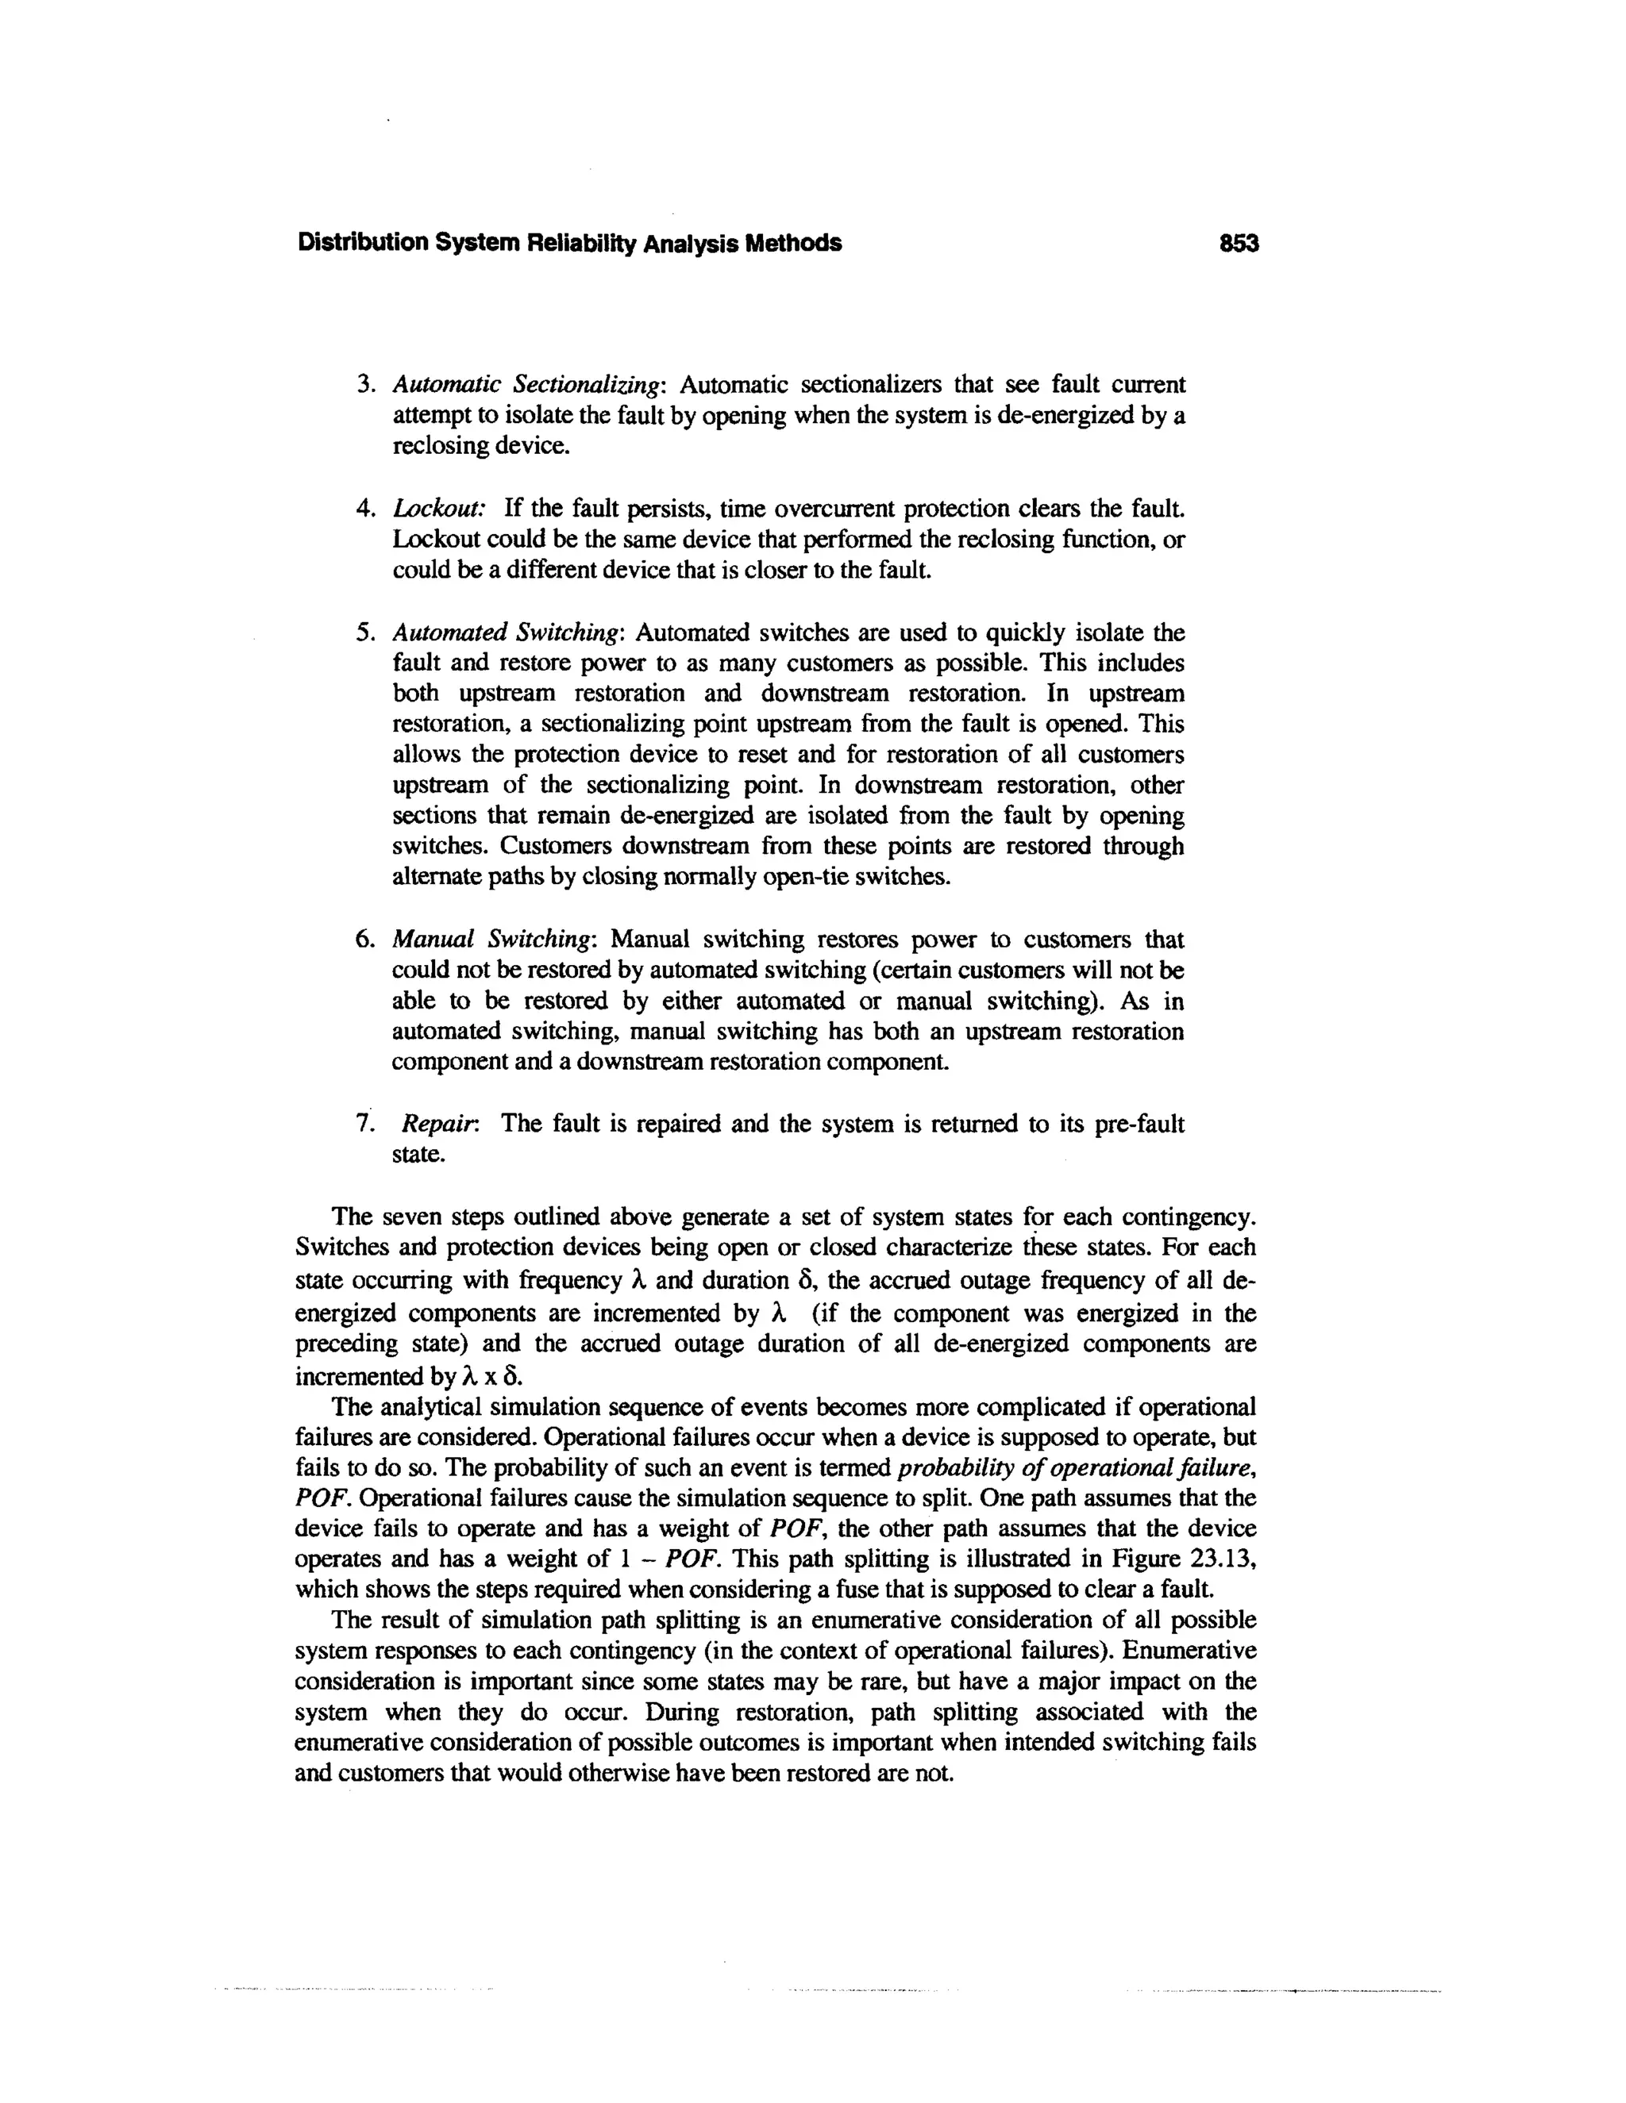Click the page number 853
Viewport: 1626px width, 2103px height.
(x=1238, y=244)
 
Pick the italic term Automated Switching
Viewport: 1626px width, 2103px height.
(x=509, y=632)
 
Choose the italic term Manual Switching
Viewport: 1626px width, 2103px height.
(x=495, y=939)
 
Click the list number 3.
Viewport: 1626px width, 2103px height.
(x=364, y=385)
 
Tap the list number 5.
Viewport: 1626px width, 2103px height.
(x=364, y=632)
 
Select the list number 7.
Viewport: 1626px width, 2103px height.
(x=364, y=1124)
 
